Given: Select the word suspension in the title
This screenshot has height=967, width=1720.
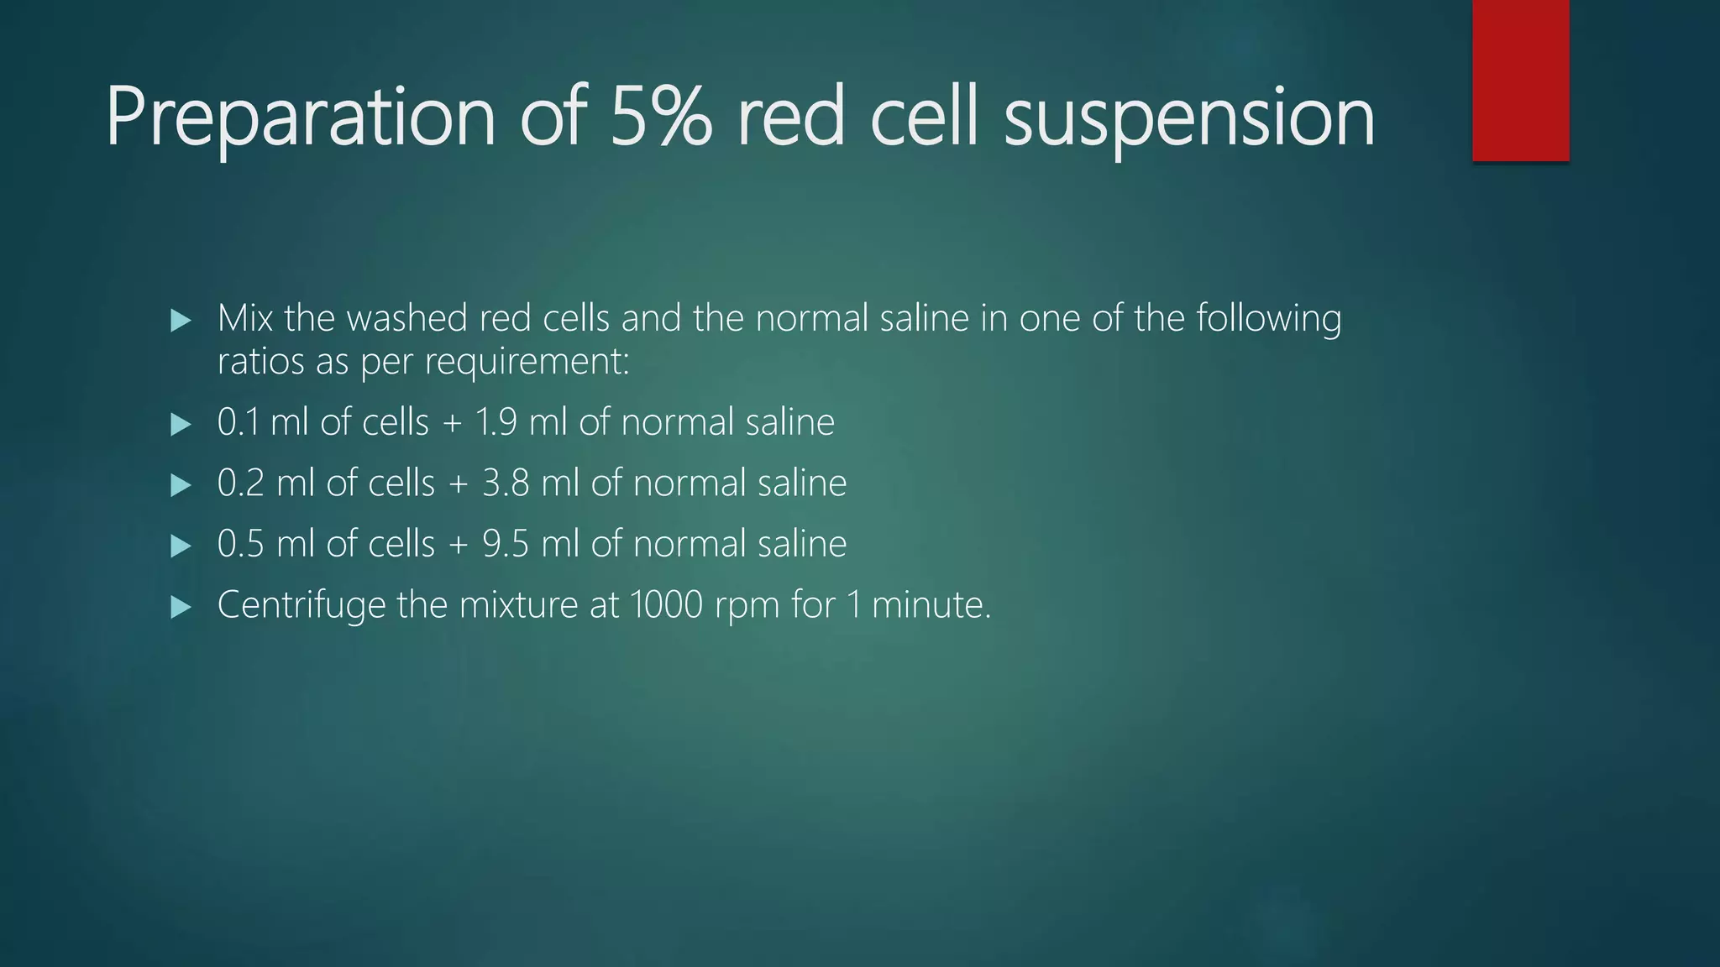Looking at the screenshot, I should click(1188, 118).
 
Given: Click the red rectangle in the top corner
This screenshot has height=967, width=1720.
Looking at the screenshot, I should click(1520, 80).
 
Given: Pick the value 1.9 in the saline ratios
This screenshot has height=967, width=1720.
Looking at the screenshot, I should click(496, 422).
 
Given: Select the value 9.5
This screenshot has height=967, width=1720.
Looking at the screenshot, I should click(506, 544).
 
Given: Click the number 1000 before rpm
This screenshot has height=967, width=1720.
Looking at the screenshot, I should click(665, 605).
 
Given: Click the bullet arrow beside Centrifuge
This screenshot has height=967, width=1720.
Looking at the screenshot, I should click(181, 607).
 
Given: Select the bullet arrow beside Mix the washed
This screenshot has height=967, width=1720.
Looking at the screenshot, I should click(181, 320).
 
